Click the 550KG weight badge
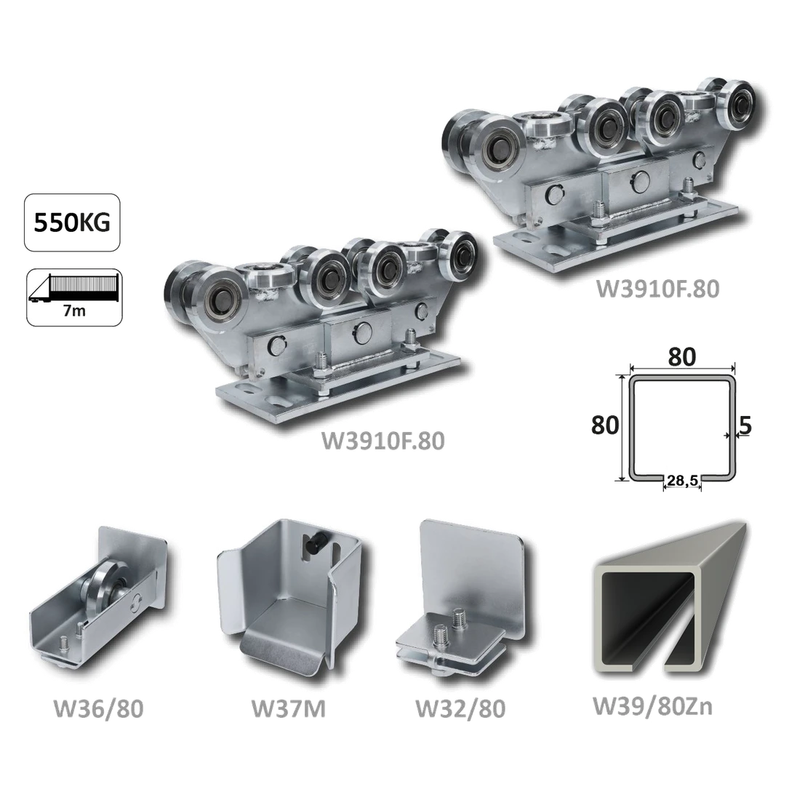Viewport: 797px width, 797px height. pos(72,223)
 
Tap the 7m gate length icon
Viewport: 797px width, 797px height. pos(74,297)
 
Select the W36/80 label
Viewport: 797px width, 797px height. pos(99,708)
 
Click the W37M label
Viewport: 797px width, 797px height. pos(289,708)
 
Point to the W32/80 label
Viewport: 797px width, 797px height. pos(460,708)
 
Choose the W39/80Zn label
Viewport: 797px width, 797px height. pos(652,707)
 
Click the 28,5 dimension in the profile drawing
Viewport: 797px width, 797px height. pos(683,481)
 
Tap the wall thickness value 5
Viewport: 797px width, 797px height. pos(745,425)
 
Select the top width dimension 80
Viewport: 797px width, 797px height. pos(681,357)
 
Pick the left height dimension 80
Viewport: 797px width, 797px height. pos(605,425)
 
